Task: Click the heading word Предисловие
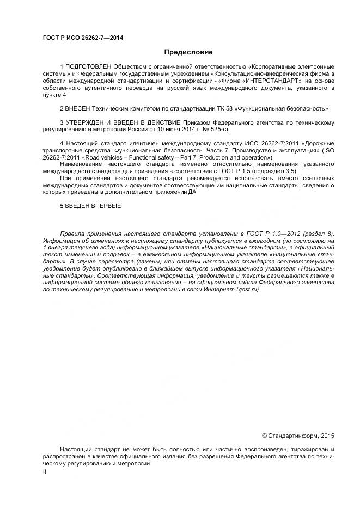click(188, 53)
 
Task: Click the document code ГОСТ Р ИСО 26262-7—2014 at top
click(83, 37)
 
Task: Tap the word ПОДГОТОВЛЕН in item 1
click(88, 66)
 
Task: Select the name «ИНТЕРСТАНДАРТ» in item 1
click(264, 81)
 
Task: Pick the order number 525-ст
click(233, 130)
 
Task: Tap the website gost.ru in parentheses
click(247, 290)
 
